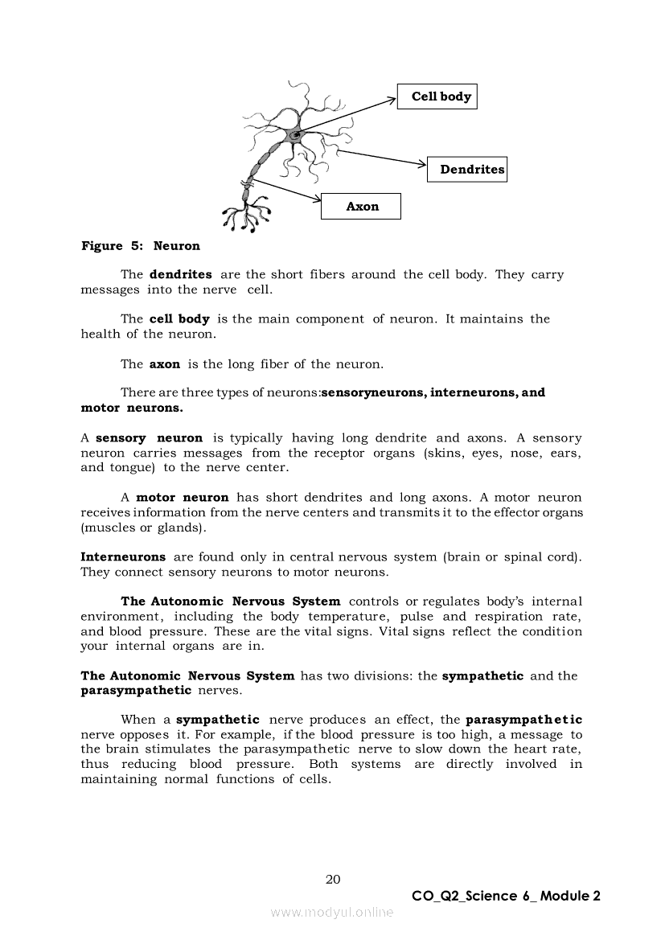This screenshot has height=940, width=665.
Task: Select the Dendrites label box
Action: pyautogui.click(x=467, y=169)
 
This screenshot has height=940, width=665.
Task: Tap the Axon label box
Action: pyautogui.click(x=361, y=207)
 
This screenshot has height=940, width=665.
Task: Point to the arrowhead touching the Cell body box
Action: pyautogui.click(x=393, y=98)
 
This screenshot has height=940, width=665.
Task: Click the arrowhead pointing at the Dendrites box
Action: pyautogui.click(x=422, y=166)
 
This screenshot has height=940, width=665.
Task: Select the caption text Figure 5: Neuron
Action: pyautogui.click(x=141, y=246)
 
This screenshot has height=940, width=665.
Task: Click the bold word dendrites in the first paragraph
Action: pyautogui.click(x=181, y=275)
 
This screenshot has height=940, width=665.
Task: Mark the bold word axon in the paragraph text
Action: pyautogui.click(x=165, y=364)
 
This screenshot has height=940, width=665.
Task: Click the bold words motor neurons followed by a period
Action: pyautogui.click(x=132, y=408)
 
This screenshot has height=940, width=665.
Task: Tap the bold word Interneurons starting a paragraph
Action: pyautogui.click(x=123, y=556)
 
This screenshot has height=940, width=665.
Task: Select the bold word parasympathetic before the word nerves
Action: pyautogui.click(x=136, y=690)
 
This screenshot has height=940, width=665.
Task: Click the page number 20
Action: pyautogui.click(x=333, y=879)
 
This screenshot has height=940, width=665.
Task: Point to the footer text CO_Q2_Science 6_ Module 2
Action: pyautogui.click(x=506, y=896)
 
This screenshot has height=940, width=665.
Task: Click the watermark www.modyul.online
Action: pyautogui.click(x=332, y=912)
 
